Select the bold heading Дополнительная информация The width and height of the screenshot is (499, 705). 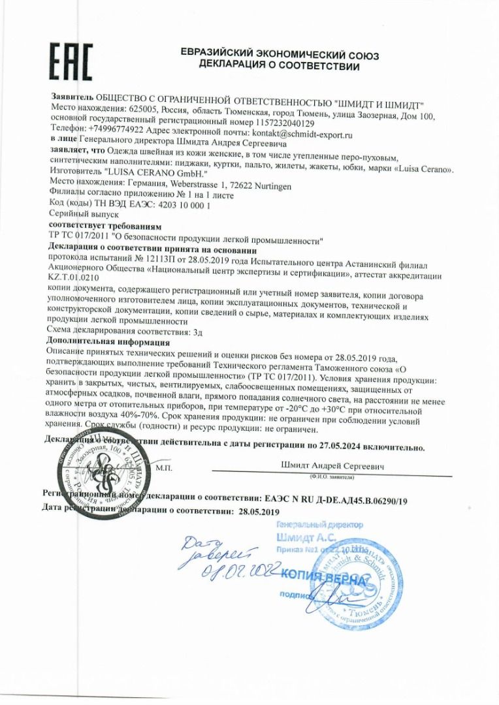click(110, 341)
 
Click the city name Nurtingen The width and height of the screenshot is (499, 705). click(268, 185)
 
